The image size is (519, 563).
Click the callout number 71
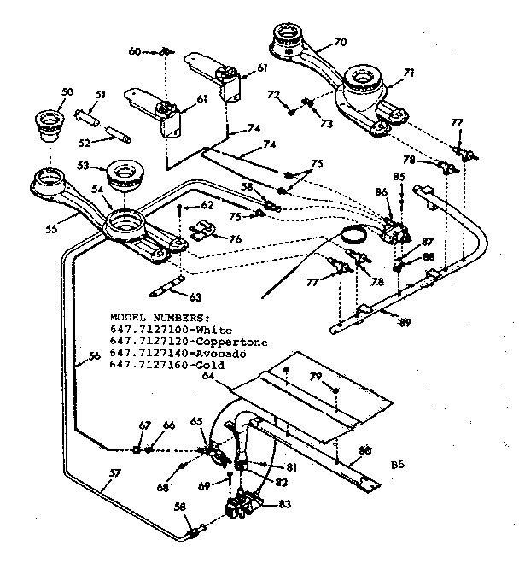point(408,73)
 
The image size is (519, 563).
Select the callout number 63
point(195,297)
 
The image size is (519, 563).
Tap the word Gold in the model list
point(210,365)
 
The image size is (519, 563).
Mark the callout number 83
point(284,504)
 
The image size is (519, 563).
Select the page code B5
point(397,466)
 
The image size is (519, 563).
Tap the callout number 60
point(134,51)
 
